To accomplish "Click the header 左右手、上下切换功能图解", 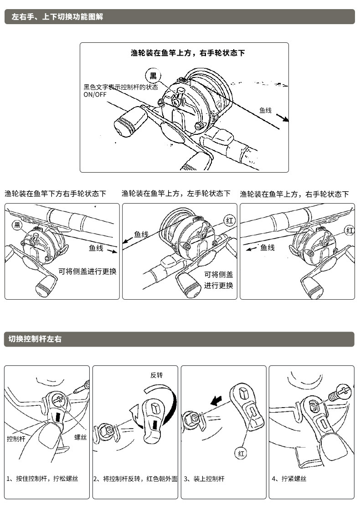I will (x=57, y=17).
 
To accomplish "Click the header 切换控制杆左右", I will (x=35, y=339).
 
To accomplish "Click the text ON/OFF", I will (x=94, y=95).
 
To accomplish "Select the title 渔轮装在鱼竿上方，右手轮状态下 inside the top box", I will (x=188, y=53).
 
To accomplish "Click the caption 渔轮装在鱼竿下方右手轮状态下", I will (x=56, y=194).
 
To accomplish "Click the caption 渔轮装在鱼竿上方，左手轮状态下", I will (x=176, y=194).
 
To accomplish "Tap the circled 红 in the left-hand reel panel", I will (x=230, y=221).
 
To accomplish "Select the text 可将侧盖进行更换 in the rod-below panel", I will (x=87, y=271).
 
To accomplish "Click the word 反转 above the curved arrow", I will (x=156, y=375).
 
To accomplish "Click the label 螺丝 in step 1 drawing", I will (x=81, y=437).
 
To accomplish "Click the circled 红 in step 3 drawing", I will (x=241, y=453).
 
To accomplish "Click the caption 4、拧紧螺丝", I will (x=289, y=479).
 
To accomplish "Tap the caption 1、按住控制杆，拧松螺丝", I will (x=42, y=479).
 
